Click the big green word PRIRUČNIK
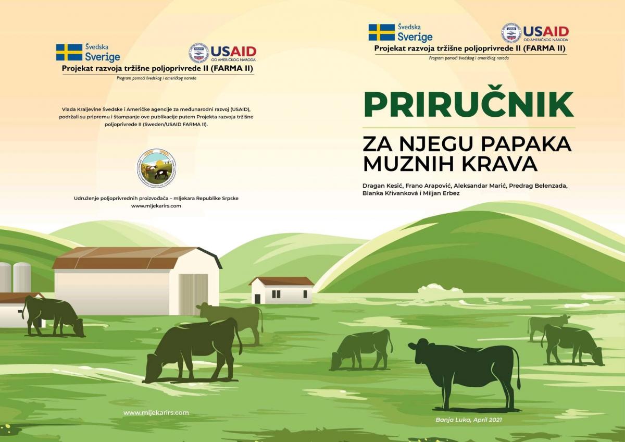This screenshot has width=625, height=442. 469,105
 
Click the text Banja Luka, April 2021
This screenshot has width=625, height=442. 469,420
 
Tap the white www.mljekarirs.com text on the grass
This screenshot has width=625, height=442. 156,413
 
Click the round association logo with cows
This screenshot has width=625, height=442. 157,168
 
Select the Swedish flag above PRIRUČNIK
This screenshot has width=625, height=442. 381,32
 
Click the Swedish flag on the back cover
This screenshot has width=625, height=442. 69,52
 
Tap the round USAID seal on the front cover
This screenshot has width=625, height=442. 511,33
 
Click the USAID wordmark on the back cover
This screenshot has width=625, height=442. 233,52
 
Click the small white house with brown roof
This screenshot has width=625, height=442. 282,290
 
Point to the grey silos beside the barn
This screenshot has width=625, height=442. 15,277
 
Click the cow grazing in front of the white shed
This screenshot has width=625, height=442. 53,316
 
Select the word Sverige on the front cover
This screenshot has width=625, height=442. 415,36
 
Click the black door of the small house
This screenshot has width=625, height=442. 257,299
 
